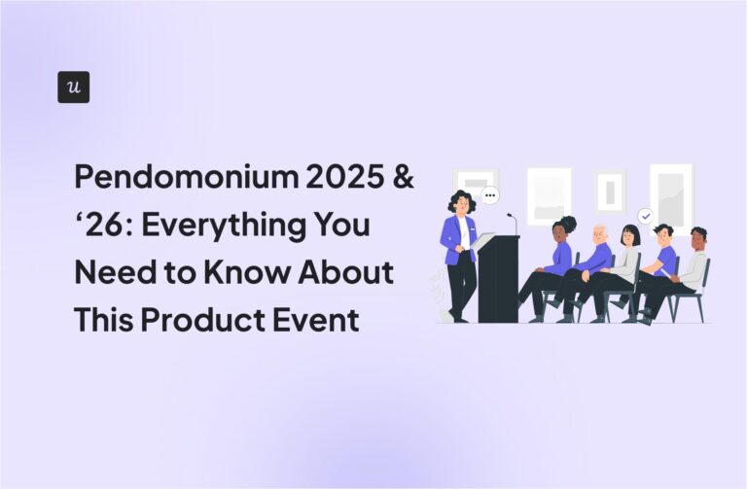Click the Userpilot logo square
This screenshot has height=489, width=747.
click(73, 87)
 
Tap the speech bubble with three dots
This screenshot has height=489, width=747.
click(489, 195)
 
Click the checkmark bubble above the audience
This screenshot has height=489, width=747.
click(644, 216)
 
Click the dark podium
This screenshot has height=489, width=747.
click(497, 277)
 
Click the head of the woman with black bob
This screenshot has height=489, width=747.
click(630, 236)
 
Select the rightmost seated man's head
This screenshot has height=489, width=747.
click(697, 238)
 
